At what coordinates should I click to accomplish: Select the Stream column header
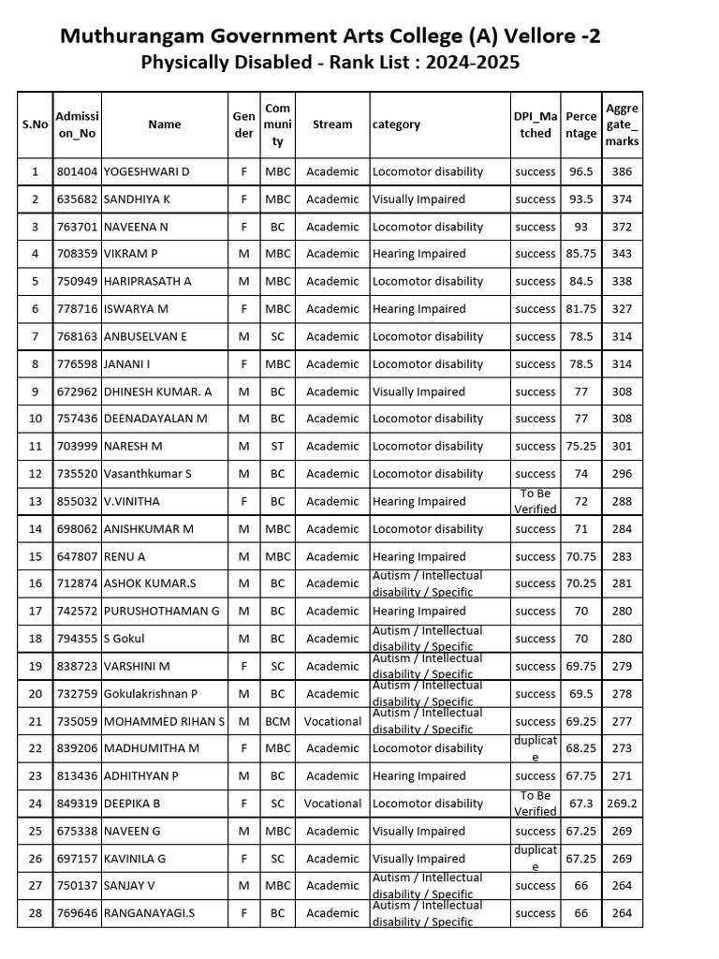tap(332, 125)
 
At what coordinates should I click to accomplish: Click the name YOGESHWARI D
tap(146, 172)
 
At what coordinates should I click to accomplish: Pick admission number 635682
tap(78, 199)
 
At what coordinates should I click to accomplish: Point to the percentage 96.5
tap(581, 172)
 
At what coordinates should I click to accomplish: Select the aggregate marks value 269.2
tap(622, 804)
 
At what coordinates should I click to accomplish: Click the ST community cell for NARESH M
tap(277, 447)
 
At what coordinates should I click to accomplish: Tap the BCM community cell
tap(277, 721)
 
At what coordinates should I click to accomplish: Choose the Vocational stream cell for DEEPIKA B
tap(332, 804)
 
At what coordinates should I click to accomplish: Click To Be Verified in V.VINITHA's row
tap(535, 502)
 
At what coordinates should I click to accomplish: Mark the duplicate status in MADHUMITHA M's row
tap(535, 748)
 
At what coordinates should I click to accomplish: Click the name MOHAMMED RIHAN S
tap(164, 721)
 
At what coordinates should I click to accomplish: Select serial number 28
tap(36, 913)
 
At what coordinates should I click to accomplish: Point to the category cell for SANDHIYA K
tap(418, 199)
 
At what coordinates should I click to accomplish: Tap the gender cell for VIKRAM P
tap(243, 254)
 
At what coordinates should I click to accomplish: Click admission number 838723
tap(78, 666)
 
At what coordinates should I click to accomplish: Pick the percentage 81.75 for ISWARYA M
tap(581, 309)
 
